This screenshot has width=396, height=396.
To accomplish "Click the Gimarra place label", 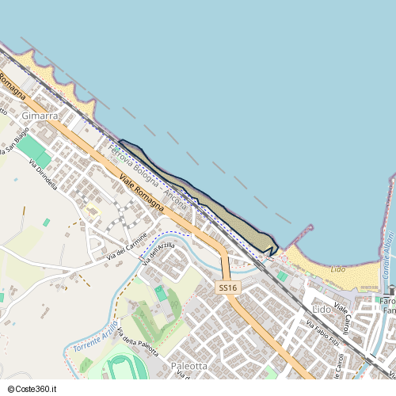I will [40, 116].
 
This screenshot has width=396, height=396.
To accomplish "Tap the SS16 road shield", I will [228, 288].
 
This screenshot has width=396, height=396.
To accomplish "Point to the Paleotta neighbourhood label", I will [189, 367].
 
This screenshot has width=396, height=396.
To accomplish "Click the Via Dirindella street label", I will [44, 174].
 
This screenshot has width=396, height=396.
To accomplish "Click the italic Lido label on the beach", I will [337, 270].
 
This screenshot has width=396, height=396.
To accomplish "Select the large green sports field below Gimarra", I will [32, 150].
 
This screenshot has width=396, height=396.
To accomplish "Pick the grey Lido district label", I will [322, 308].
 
